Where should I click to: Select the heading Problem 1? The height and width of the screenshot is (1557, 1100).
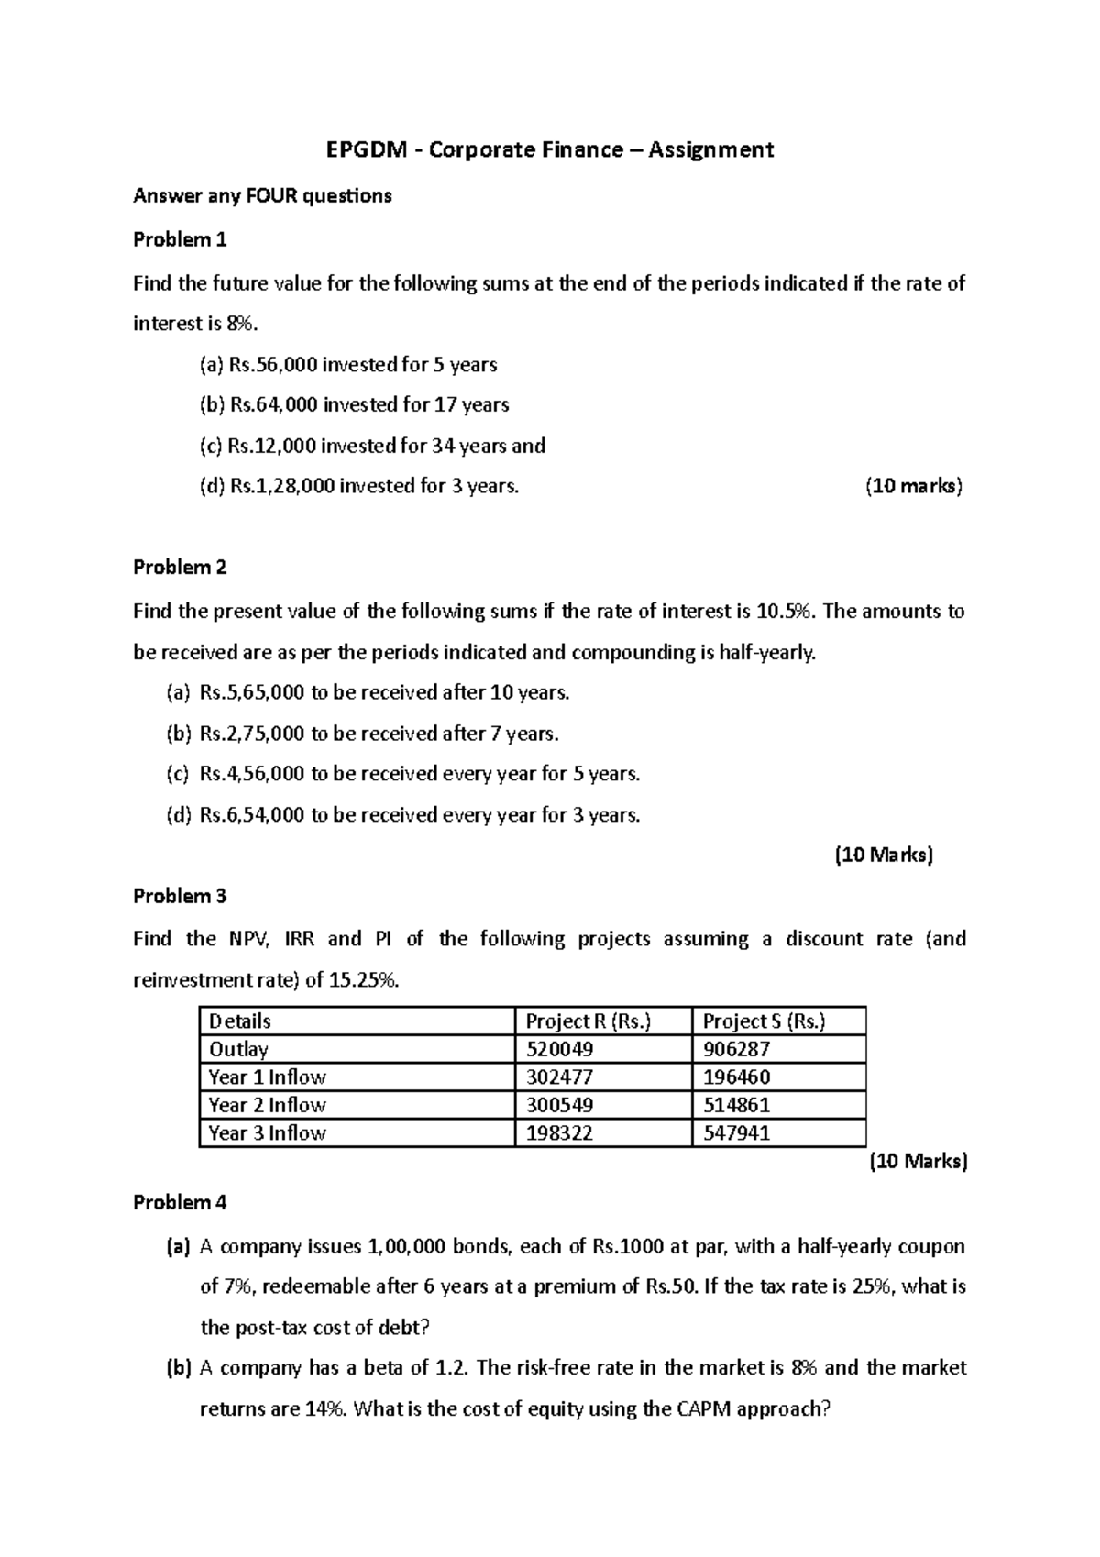pos(180,239)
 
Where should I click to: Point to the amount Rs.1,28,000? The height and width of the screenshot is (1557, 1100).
pos(282,486)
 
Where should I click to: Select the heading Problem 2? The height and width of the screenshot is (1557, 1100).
pos(180,567)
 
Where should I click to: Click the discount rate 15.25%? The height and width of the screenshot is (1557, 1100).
pos(364,980)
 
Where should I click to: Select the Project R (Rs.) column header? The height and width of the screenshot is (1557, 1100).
pos(588,1021)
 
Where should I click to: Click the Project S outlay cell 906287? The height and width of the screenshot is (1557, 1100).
pos(736,1049)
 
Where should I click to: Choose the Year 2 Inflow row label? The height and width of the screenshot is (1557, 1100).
pos(267,1105)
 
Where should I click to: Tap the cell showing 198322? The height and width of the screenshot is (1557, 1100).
pos(559,1133)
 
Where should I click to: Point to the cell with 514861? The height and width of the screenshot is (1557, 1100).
pos(736,1105)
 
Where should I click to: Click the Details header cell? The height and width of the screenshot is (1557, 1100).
pos(240,1021)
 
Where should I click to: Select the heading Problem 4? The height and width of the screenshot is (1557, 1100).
pos(180,1202)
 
